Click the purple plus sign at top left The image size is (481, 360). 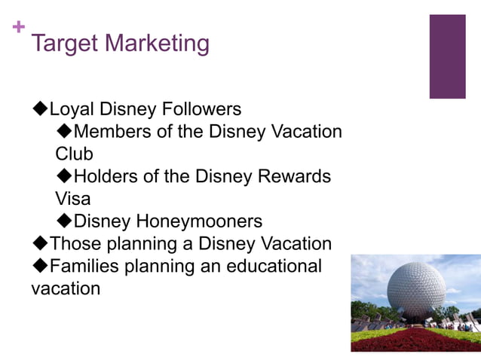[19, 26]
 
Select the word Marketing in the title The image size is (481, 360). [158, 44]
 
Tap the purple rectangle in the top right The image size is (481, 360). [447, 56]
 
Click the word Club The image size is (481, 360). [74, 154]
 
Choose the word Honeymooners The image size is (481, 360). [199, 221]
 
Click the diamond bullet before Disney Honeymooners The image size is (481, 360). [64, 221]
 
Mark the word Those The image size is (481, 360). [73, 244]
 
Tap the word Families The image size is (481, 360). [83, 267]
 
